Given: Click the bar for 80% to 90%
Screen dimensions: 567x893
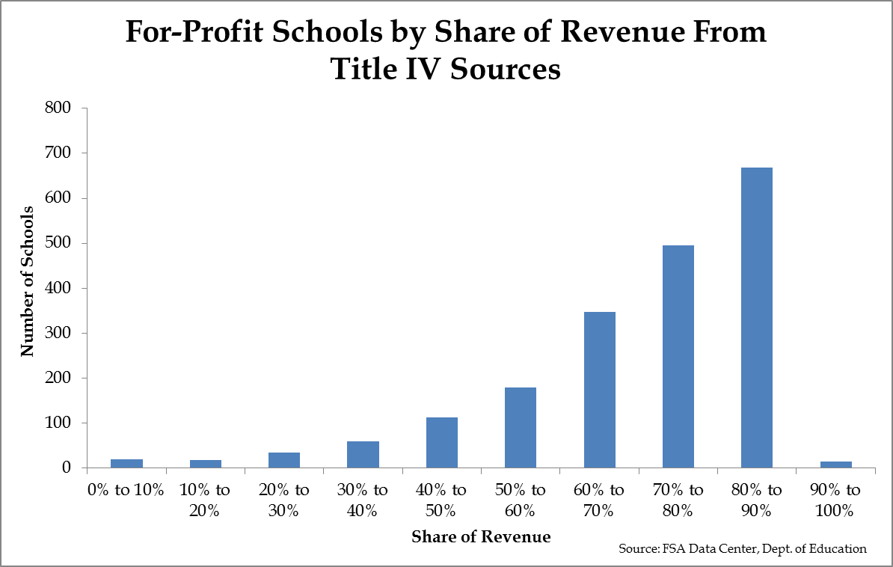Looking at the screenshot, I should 757,318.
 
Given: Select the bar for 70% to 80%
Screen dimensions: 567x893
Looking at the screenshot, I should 678,357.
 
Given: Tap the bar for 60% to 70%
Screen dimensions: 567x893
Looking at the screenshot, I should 599,390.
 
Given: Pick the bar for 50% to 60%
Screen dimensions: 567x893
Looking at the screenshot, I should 521,427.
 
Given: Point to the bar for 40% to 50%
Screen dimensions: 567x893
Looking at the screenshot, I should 442,442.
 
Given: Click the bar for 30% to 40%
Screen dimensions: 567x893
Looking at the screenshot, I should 363,454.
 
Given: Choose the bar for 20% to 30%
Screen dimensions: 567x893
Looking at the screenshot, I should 284,460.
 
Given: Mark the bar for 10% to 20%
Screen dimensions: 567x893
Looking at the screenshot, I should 206,464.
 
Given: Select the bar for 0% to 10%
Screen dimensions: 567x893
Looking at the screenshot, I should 127,463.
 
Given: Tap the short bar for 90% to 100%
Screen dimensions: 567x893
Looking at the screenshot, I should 835,465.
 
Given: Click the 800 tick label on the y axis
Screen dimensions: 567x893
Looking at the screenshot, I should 58,108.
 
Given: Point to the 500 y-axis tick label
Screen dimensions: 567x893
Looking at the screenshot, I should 58,244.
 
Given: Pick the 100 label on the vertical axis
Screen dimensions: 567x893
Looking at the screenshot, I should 58,423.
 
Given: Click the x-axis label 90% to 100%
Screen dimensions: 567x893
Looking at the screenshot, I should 835,501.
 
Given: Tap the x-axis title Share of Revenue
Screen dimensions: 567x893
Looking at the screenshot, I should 481,536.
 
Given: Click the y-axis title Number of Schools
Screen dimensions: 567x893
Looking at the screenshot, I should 28,281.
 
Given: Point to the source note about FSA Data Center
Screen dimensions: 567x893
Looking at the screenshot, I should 743,549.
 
